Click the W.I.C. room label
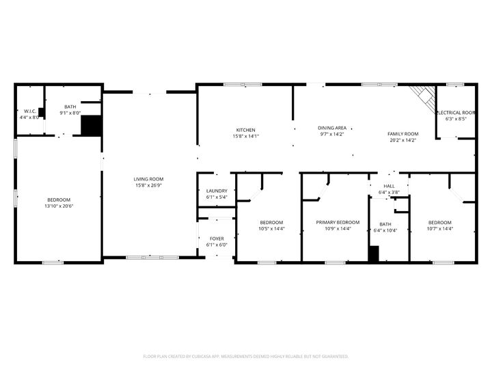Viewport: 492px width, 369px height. (30, 111)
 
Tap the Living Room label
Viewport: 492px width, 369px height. (148, 179)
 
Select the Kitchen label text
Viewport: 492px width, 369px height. (246, 130)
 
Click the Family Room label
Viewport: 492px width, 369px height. (402, 134)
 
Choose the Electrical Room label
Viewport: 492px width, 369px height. (456, 113)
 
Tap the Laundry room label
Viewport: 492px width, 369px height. (217, 191)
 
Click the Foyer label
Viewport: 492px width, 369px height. (217, 239)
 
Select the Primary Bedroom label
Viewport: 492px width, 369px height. (338, 222)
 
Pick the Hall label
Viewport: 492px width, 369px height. (389, 186)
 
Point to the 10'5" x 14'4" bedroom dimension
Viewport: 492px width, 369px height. (271, 229)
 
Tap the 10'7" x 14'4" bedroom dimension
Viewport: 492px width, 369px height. (440, 229)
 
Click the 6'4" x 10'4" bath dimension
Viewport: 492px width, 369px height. (385, 230)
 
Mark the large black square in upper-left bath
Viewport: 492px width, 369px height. (91, 126)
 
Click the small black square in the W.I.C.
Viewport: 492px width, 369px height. (42, 113)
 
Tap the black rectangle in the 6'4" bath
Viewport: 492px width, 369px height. (373, 254)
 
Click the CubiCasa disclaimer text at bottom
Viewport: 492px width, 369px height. (246, 356)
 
